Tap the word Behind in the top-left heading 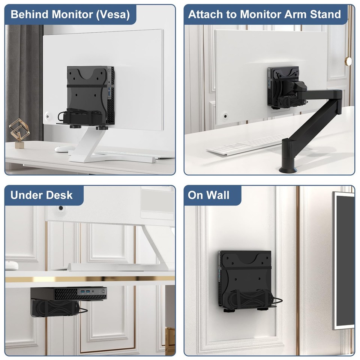coord(29,15)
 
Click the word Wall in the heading coord(219,195)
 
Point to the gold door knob coord(348,60)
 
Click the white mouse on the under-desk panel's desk coord(11,265)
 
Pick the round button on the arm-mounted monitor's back coord(225,115)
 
